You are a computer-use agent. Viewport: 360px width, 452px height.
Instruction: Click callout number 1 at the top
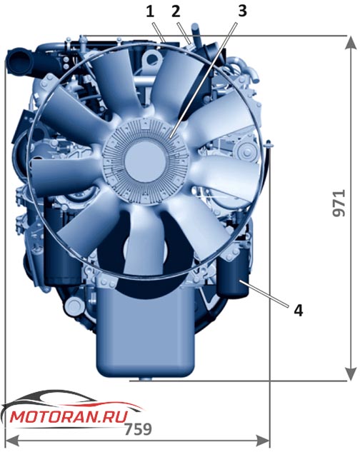(150, 12)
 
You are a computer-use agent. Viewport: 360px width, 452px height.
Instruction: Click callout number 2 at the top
(176, 12)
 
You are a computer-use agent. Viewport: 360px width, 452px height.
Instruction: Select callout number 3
(242, 12)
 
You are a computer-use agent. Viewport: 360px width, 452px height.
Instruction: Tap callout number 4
(299, 311)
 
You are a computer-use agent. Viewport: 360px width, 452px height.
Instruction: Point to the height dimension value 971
(339, 203)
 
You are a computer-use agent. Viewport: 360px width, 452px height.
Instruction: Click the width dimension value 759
(138, 429)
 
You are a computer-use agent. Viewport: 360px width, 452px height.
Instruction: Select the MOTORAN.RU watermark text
(69, 417)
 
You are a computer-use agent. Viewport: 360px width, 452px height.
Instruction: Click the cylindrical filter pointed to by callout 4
(233, 277)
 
